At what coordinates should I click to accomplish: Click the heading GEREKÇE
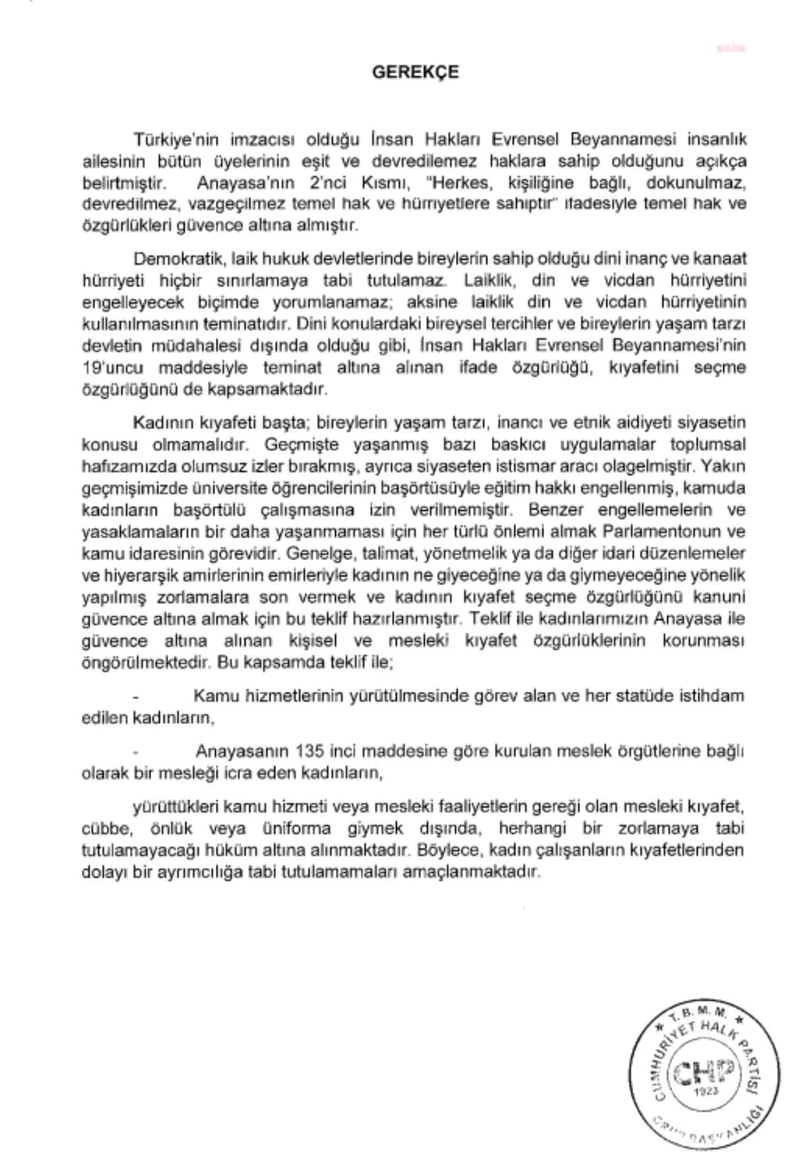(x=415, y=72)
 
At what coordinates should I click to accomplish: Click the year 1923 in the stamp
(x=706, y=1091)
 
